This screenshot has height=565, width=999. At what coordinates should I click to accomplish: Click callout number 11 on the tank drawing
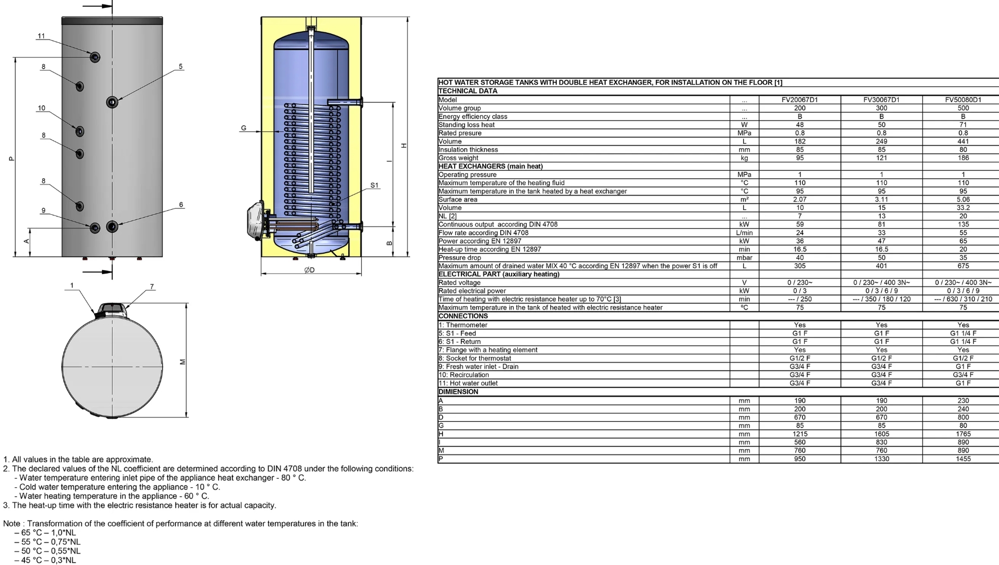click(41, 36)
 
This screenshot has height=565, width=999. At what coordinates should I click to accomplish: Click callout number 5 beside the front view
click(181, 67)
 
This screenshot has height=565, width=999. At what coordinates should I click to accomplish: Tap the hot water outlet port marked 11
click(95, 57)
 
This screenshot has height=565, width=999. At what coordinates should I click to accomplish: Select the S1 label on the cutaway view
click(375, 186)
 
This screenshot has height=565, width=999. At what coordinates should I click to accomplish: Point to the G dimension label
click(243, 128)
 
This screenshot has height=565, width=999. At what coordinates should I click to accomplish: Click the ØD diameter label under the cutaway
click(309, 270)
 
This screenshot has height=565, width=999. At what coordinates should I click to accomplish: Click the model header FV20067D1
click(800, 100)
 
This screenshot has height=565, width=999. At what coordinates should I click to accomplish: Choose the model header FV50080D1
click(963, 100)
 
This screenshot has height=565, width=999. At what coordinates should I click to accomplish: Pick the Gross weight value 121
click(881, 158)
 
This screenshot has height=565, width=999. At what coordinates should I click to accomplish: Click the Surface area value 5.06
click(963, 200)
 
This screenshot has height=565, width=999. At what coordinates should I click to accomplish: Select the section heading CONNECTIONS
click(463, 316)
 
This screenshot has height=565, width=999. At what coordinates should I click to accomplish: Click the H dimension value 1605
click(881, 434)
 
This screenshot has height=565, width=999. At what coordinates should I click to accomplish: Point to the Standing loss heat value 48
click(800, 125)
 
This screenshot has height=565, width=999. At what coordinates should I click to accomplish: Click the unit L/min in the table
click(744, 233)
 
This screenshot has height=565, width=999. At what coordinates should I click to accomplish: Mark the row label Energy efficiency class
click(473, 117)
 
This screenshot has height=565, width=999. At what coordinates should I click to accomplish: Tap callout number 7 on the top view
click(152, 287)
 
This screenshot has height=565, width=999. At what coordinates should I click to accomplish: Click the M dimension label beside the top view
click(182, 362)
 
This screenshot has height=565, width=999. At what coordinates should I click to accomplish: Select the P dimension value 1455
click(963, 459)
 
